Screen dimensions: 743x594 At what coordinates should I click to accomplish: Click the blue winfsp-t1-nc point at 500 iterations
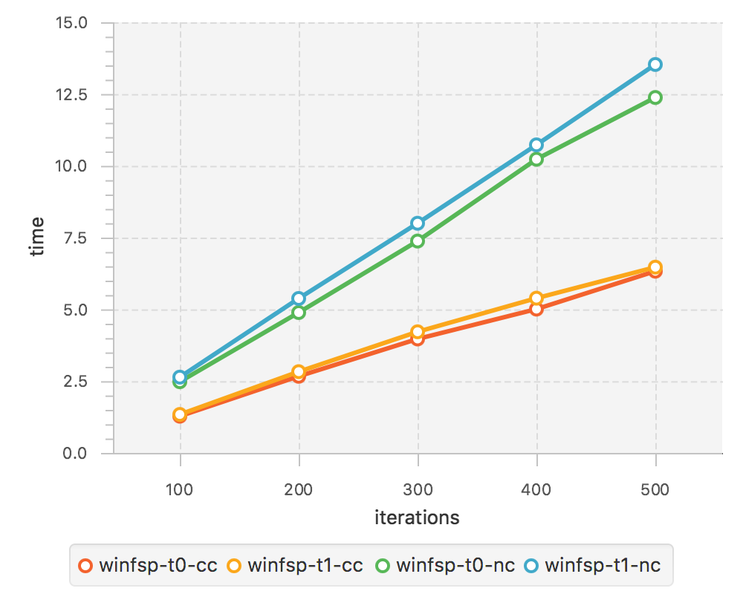[655, 65]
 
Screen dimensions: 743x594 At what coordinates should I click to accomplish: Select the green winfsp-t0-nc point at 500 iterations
[655, 97]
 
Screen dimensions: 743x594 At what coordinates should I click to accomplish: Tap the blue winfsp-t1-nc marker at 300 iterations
[418, 223]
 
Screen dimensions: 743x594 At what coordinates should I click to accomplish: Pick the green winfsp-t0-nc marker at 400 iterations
[536, 159]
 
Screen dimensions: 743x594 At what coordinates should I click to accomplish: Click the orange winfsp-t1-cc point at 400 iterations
[536, 298]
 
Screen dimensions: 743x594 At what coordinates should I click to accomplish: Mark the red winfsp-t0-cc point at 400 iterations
[536, 310]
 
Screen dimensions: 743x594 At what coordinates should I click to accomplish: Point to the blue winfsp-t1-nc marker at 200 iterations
[299, 298]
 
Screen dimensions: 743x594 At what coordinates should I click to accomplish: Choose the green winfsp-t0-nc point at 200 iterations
[299, 312]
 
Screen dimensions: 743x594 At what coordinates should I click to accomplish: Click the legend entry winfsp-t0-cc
[148, 566]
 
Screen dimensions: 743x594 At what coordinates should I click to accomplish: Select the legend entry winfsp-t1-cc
[295, 566]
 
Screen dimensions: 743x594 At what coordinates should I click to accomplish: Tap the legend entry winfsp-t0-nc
[445, 566]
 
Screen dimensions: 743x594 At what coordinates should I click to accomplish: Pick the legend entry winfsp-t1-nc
[592, 566]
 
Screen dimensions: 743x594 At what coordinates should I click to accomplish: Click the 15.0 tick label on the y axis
[71, 23]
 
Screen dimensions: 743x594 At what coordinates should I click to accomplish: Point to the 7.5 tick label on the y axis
[75, 238]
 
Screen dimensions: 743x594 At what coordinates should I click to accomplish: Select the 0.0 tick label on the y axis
[75, 454]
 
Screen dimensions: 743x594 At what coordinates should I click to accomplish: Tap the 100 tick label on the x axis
[179, 490]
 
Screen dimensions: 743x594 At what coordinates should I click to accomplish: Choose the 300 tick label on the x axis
[418, 490]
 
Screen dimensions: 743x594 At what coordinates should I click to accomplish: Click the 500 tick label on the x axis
[655, 490]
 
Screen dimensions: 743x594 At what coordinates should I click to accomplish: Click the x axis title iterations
[417, 518]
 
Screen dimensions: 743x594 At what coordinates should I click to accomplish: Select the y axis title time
[36, 236]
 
